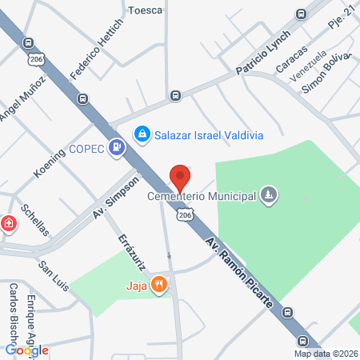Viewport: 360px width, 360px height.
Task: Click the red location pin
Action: (180, 176)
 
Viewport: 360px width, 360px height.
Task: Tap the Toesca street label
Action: (146, 10)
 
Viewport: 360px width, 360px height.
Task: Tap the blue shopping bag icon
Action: (142, 134)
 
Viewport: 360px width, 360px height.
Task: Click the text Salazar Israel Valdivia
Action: (209, 134)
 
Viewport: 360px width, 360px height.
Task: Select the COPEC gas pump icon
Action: (118, 147)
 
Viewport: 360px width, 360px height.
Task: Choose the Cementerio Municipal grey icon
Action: (270, 194)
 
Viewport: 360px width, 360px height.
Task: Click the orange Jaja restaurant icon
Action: (160, 283)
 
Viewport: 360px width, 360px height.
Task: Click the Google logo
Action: (26, 350)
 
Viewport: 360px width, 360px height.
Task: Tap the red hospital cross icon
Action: (9, 223)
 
